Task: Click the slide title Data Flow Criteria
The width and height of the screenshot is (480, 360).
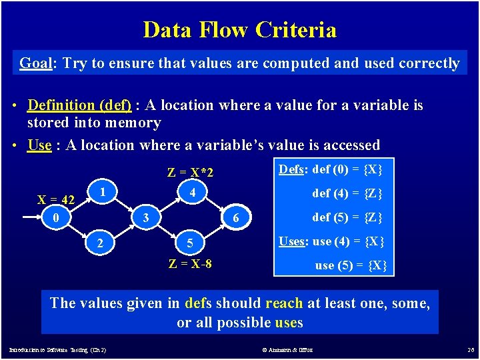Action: pos(239,30)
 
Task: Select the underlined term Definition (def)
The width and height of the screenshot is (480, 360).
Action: pos(79,105)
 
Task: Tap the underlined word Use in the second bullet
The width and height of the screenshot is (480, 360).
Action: pos(39,145)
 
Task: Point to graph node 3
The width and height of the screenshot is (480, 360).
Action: pos(145,217)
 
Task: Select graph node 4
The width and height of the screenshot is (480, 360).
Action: pos(191,191)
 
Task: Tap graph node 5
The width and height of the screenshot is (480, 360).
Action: pos(190,243)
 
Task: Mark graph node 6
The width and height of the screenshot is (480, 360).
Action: pos(236,217)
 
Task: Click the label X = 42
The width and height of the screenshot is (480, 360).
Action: pos(56,199)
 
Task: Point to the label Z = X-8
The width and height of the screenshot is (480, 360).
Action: pos(190,263)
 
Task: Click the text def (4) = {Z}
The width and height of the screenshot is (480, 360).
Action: pos(347,194)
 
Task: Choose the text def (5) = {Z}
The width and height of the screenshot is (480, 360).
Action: pos(347,217)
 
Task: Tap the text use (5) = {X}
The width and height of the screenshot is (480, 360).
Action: pos(351,265)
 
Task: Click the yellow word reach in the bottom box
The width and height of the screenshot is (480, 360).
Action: pos(284,303)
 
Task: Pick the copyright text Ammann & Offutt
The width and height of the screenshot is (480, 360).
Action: pos(288,349)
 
